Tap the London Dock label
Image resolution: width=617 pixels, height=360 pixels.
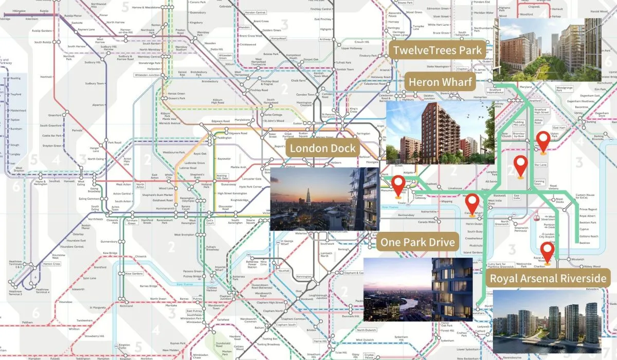[x=322, y=149]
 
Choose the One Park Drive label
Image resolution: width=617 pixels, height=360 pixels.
[x=418, y=242]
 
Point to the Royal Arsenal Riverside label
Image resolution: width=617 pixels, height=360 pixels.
[x=548, y=279]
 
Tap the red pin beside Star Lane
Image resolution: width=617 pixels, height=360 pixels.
[x=521, y=166]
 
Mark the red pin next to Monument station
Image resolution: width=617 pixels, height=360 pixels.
[x=398, y=186]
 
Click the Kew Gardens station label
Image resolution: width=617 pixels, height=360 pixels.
[x=134, y=274]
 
